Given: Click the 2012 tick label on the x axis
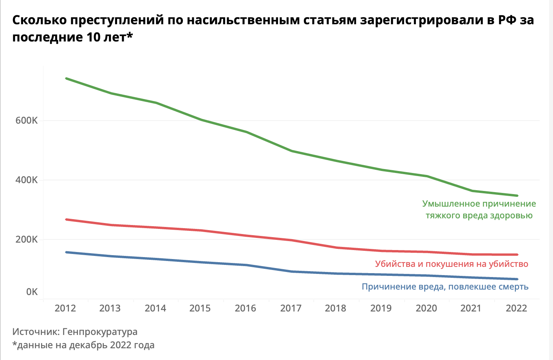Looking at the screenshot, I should coord(65,308).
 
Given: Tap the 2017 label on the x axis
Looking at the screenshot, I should coord(291,308).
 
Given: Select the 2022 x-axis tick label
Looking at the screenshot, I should coord(517,308).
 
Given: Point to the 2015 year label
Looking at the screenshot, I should coord(200,308).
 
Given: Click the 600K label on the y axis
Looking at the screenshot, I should coord(27,121).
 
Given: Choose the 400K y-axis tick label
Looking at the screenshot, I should coord(27,180).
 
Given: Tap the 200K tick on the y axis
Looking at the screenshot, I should coord(27,239).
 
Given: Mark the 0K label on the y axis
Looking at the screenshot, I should coord(32,292).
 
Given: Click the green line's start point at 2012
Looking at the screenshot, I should coord(66,78).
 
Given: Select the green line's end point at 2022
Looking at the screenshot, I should coord(517,196).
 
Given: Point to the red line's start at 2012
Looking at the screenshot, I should coord(66,220).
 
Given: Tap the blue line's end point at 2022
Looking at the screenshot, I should coord(517,279).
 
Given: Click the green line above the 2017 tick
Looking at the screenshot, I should coord(291,151).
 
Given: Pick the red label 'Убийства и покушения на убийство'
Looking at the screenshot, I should coord(452,264).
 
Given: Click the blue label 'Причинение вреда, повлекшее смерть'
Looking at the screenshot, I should coord(445,287).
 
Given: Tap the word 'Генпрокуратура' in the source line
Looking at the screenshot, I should coord(100,332).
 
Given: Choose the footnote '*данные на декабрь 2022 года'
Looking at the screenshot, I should coord(83,345).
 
